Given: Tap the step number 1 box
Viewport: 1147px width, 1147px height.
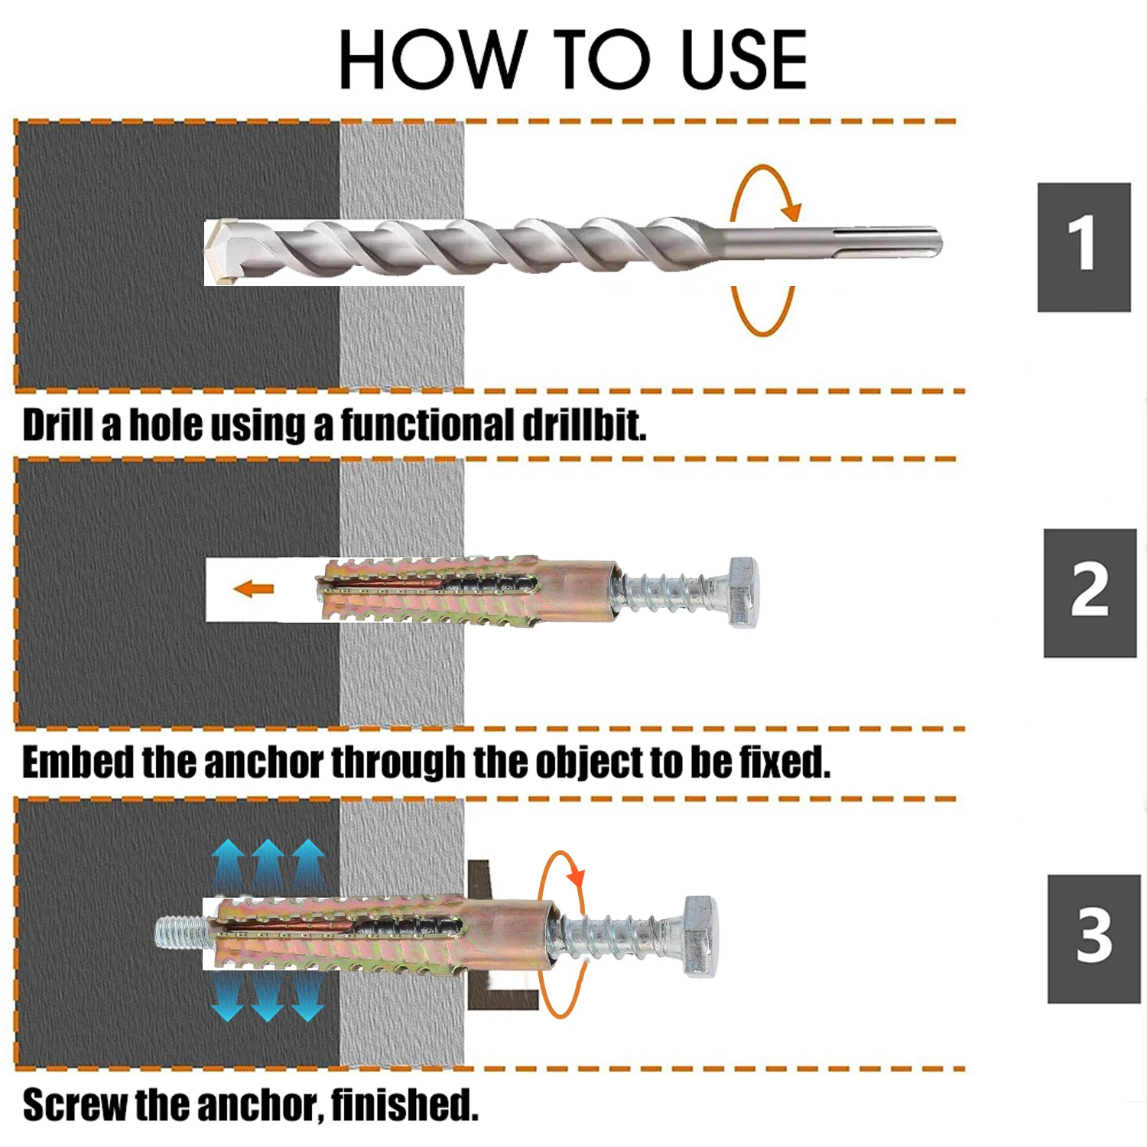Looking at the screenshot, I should [1084, 246].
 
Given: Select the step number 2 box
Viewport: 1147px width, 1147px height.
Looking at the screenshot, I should [1090, 592].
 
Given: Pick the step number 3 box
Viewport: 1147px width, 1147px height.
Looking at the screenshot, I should [1093, 938].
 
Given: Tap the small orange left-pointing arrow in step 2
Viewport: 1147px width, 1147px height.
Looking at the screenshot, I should [253, 589].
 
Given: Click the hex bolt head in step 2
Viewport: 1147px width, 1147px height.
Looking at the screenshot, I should [742, 592].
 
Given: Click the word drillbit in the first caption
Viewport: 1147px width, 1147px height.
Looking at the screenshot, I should [584, 425].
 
